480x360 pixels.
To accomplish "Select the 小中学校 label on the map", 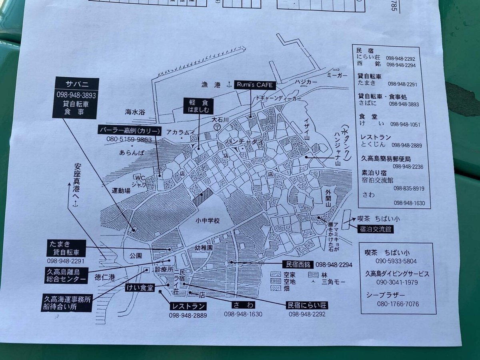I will [208, 220].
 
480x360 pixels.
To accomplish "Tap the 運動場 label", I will [121, 191].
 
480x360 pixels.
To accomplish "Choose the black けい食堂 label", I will [139, 288].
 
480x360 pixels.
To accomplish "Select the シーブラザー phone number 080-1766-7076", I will [397, 304].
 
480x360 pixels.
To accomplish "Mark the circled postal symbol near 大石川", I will [216, 126].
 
